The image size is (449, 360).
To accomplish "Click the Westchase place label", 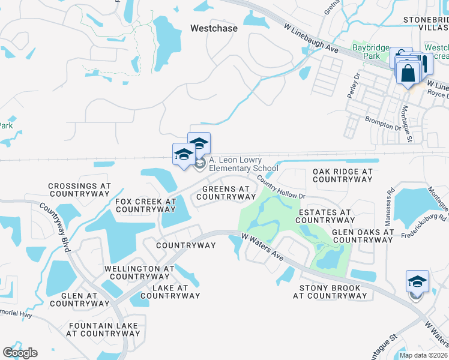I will click(x=214, y=28).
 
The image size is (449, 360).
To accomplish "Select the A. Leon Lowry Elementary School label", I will click(x=244, y=164).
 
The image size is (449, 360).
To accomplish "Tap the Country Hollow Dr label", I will click(x=282, y=187).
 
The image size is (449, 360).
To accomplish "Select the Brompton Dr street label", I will click(x=382, y=123).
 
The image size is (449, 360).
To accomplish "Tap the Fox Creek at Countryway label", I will click(x=145, y=206).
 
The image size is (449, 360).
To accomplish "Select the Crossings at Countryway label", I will click(x=79, y=190).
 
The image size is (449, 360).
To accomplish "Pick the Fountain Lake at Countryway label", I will click(x=103, y=329).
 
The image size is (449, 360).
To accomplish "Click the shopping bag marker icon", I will click(x=408, y=74).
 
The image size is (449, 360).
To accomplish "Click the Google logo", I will click(x=20, y=353).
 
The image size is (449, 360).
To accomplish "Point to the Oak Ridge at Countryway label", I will click(x=343, y=175).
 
